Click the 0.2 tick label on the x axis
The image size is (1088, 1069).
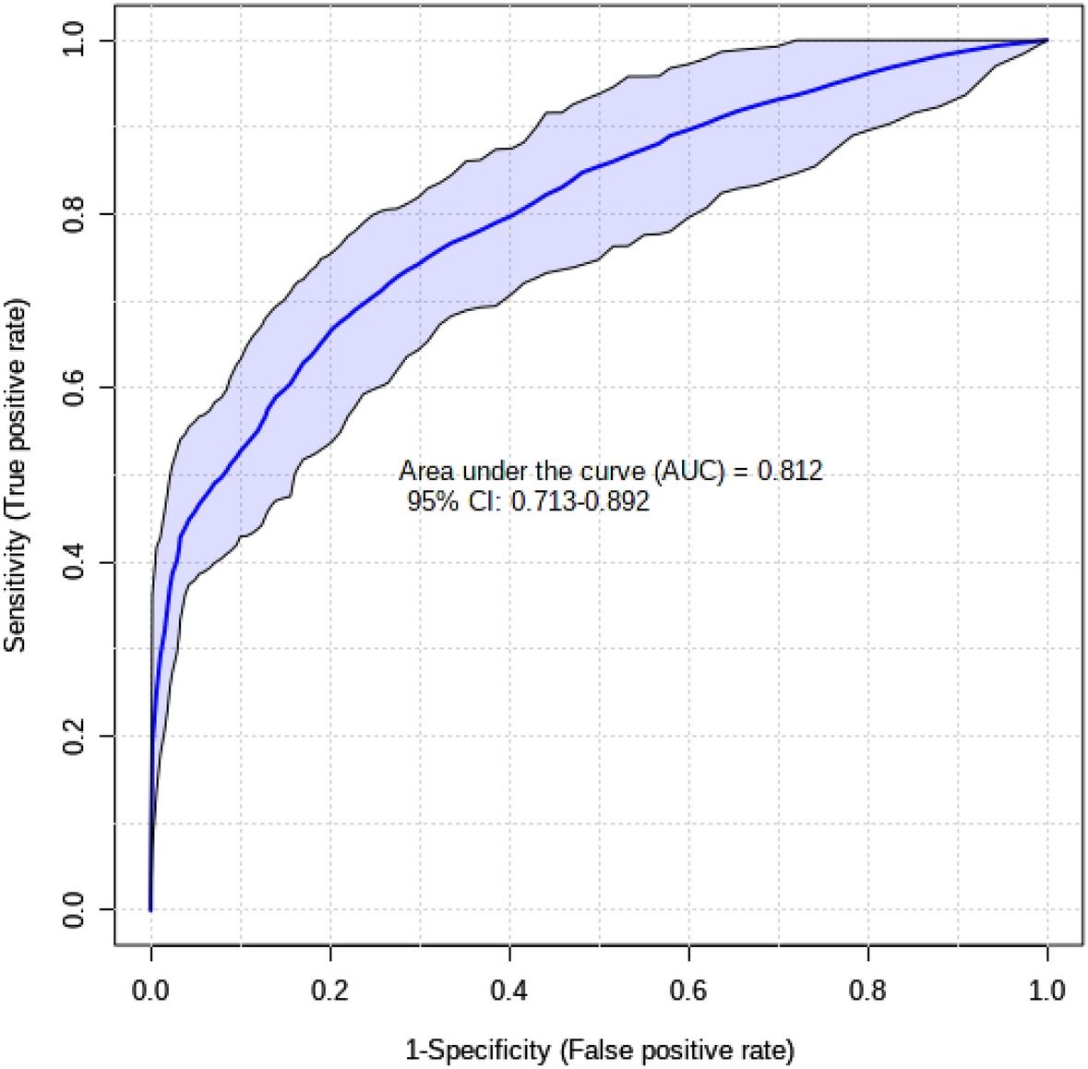[329, 991]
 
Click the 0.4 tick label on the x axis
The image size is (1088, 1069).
[509, 991]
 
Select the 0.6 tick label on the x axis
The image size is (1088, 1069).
[688, 991]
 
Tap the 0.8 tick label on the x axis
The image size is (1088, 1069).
[867, 991]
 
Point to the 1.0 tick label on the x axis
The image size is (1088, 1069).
[1046, 991]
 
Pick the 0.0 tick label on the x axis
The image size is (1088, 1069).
[150, 991]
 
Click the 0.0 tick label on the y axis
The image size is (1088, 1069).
[74, 909]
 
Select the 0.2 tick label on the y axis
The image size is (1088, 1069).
[74, 736]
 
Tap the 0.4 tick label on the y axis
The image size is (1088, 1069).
[74, 562]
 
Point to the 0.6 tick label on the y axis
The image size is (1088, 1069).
[74, 388]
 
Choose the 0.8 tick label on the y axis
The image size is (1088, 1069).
[74, 214]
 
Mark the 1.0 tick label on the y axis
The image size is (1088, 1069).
[74, 41]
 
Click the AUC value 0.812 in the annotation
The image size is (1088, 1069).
[790, 472]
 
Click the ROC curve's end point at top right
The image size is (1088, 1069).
[1046, 41]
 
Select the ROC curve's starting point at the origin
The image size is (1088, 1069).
[150, 909]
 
